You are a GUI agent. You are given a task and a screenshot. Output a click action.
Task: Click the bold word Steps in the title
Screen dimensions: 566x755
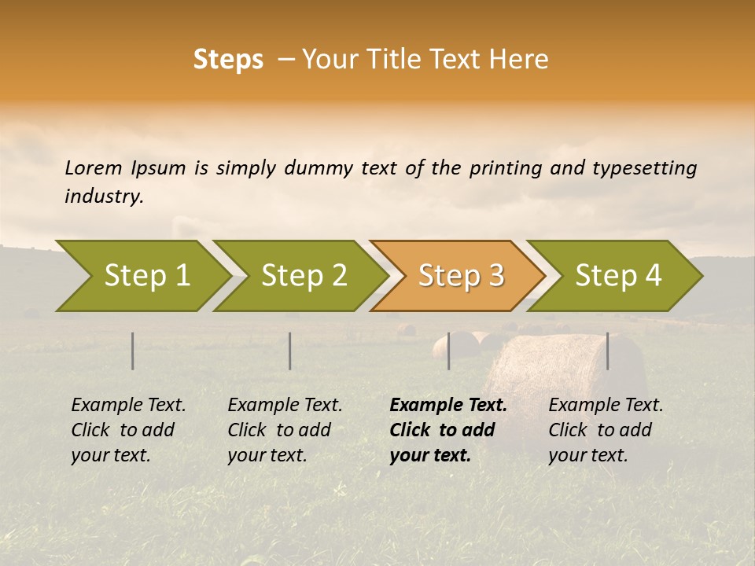coord(228,60)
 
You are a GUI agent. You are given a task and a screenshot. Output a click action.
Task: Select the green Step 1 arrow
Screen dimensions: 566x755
coord(142,275)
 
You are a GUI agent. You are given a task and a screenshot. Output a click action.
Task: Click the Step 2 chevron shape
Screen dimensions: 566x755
coord(303,275)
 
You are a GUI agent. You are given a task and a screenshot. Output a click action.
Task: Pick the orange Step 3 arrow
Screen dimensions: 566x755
coord(460,275)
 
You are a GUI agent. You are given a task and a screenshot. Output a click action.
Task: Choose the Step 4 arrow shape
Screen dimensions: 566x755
coord(618,275)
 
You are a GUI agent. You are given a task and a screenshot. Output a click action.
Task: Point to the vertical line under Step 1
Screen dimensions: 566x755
coord(133,351)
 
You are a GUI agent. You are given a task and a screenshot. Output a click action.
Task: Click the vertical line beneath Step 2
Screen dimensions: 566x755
coord(290,351)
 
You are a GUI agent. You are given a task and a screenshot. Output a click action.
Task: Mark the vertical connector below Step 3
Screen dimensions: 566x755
coord(448,351)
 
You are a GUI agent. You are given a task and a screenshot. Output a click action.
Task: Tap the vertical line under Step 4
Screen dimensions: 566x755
coord(607,351)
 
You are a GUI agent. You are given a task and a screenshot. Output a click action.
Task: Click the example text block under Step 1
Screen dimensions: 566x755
coord(128,430)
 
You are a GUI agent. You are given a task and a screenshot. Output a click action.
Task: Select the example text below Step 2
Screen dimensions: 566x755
coord(285,430)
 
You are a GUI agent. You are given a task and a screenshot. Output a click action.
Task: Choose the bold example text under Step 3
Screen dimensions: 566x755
coord(447,430)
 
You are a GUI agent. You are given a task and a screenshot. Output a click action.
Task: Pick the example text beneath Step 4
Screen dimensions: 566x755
coord(606,430)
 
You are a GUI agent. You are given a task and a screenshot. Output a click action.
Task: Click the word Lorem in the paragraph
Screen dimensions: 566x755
coord(93,168)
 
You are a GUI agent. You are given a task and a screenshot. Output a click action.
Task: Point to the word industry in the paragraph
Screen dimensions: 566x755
coord(104,197)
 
